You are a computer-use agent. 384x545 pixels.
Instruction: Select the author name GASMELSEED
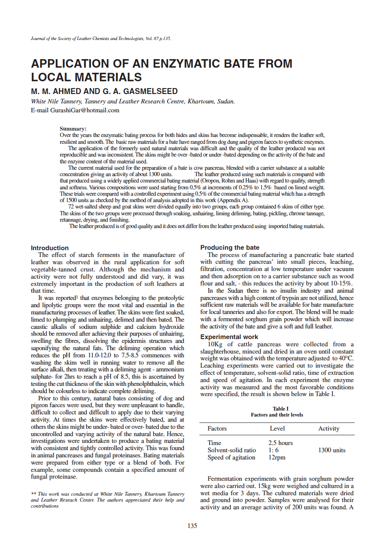pyautogui.click(x=145, y=91)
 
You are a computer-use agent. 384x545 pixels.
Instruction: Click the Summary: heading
pyautogui.click(x=73, y=128)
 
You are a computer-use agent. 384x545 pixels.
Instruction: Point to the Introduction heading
pyautogui.click(x=50, y=248)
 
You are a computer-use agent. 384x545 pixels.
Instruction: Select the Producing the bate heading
pyautogui.click(x=230, y=247)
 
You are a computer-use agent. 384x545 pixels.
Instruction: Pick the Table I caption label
pyautogui.click(x=277, y=409)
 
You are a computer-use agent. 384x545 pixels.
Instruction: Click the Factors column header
pyautogui.click(x=217, y=428)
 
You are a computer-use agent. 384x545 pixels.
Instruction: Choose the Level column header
pyautogui.click(x=277, y=428)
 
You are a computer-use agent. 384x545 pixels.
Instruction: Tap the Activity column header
pyautogui.click(x=329, y=428)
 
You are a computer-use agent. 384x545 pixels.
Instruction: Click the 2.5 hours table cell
pyautogui.click(x=281, y=443)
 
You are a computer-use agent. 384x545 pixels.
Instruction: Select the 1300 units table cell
pyautogui.click(x=332, y=450)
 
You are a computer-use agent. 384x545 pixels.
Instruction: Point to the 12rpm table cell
pyautogui.click(x=277, y=457)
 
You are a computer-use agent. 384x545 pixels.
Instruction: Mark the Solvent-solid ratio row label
pyautogui.click(x=232, y=450)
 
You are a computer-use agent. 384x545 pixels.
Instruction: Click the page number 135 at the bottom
pyautogui.click(x=192, y=526)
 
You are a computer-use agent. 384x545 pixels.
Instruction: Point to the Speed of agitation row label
pyautogui.click(x=231, y=457)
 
